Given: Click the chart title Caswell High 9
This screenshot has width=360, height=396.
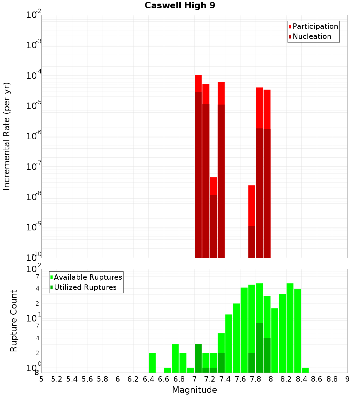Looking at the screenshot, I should click(180, 6).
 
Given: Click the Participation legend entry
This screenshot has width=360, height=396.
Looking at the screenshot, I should click(315, 26).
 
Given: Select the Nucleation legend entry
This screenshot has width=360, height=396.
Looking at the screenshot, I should click(311, 36).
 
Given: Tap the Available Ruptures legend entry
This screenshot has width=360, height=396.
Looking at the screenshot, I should click(87, 277).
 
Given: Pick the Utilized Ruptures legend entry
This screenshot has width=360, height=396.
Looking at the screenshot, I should click(85, 287).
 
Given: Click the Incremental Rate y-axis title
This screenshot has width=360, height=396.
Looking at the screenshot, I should click(7, 136).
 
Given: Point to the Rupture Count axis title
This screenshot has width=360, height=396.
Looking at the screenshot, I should click(14, 320).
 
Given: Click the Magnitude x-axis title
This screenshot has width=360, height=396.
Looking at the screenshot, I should click(194, 390).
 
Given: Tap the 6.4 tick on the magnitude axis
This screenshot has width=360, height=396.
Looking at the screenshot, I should click(148, 379).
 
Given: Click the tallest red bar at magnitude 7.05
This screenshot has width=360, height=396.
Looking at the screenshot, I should click(198, 166).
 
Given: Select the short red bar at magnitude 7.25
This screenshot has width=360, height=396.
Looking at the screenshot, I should click(213, 216).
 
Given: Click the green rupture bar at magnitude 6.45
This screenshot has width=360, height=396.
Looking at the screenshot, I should click(152, 363).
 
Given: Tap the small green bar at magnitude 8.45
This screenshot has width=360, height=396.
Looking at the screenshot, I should click(305, 370).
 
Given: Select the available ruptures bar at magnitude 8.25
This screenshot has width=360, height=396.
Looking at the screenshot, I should click(290, 328).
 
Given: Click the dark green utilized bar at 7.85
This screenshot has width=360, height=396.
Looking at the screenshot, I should click(259, 347).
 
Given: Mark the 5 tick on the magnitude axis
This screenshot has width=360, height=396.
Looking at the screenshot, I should click(41, 379).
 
